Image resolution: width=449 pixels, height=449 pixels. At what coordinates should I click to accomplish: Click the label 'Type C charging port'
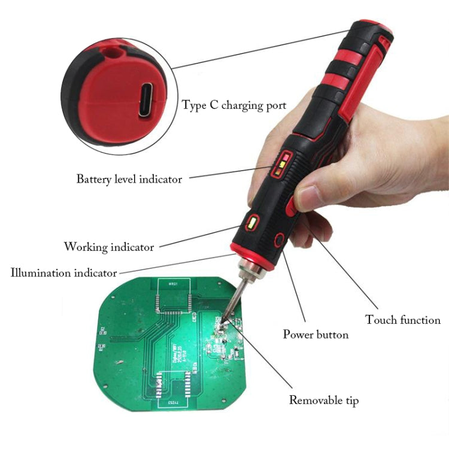tap(234, 105)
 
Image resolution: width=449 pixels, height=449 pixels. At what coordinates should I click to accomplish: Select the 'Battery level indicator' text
tap(129, 178)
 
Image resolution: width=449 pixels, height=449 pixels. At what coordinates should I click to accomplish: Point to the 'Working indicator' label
tap(109, 247)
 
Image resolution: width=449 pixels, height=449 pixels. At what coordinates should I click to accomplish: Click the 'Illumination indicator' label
tap(63, 273)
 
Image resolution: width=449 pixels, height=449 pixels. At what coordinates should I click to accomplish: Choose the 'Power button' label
tap(315, 334)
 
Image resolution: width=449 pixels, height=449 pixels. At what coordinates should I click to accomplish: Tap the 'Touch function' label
tap(403, 320)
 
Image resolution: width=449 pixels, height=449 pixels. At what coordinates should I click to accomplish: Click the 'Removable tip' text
tap(324, 400)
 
